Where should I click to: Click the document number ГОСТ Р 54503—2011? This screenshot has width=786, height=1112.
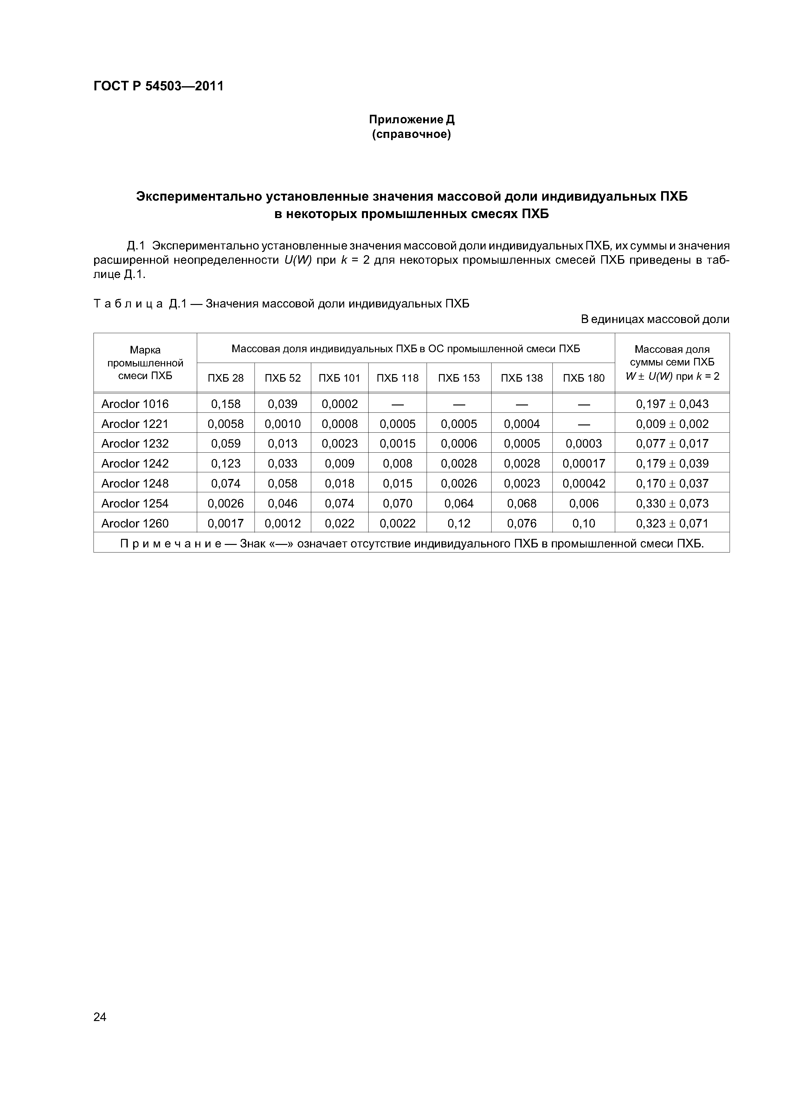[158, 86]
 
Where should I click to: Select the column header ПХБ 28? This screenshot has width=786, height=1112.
[225, 378]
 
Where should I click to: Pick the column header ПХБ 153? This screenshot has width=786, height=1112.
[459, 378]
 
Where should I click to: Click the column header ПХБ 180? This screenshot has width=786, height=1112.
[583, 378]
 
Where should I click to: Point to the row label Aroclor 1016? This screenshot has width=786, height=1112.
[135, 404]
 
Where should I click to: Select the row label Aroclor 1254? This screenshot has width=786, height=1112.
[135, 503]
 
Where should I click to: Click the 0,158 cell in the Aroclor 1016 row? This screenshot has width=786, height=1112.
[225, 404]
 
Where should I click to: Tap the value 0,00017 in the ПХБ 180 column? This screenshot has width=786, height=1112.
[583, 463]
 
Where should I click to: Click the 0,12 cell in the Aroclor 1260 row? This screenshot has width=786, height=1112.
[459, 523]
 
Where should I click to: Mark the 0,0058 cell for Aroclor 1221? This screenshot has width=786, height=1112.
[225, 424]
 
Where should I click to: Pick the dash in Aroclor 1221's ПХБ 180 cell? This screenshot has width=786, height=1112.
[583, 424]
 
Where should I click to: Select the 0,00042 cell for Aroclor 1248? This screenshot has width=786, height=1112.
[583, 483]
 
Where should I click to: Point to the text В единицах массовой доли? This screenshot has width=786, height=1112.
[655, 319]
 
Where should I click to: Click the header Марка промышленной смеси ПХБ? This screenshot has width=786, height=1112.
[145, 363]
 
